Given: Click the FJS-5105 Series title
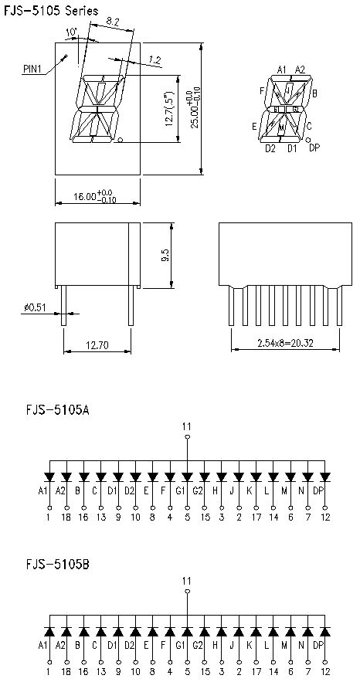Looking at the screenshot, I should pyautogui.click(x=51, y=11).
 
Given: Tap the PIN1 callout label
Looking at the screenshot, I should pyautogui.click(x=32, y=69).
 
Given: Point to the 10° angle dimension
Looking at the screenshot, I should pyautogui.click(x=72, y=32).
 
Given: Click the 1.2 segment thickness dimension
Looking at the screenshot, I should pyautogui.click(x=155, y=59).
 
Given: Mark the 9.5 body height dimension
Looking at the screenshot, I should pyautogui.click(x=165, y=256).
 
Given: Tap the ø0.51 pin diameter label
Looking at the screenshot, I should pyautogui.click(x=34, y=308).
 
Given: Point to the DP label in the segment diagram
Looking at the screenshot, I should pyautogui.click(x=314, y=148).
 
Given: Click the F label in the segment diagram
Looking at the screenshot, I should pyautogui.click(x=262, y=91).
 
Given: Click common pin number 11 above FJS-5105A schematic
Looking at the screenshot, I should pyautogui.click(x=186, y=426).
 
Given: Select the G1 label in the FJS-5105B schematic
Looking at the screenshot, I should pyautogui.click(x=180, y=645).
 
